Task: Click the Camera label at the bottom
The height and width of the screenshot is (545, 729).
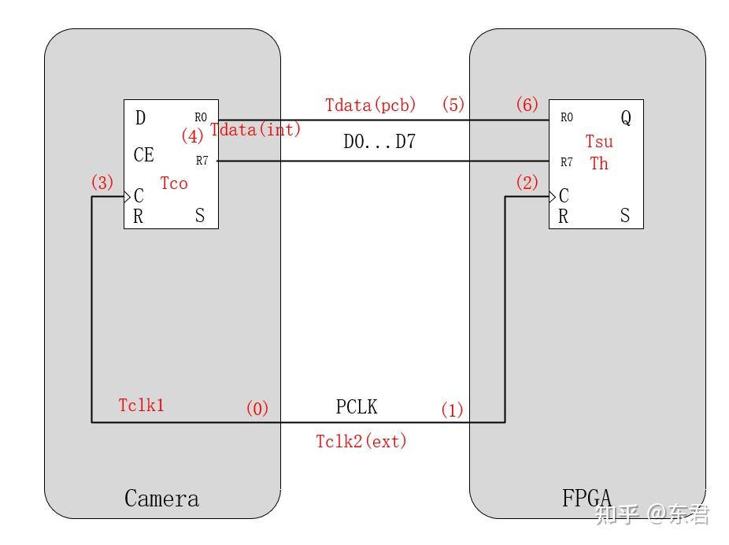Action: click(x=161, y=499)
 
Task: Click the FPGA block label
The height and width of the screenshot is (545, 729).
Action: click(x=587, y=499)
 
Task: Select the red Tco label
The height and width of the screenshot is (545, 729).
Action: click(x=174, y=184)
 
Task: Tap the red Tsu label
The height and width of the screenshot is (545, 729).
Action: click(x=599, y=142)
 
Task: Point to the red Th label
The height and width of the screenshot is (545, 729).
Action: click(x=599, y=164)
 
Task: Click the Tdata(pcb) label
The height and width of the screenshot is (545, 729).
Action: click(x=371, y=105)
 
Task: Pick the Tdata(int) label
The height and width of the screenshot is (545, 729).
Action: click(x=256, y=130)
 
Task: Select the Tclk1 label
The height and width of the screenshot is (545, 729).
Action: click(x=141, y=405)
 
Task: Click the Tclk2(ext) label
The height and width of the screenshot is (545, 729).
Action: click(x=361, y=441)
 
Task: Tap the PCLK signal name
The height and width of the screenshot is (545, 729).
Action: click(x=357, y=407)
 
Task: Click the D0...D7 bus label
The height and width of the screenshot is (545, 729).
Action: click(x=379, y=143)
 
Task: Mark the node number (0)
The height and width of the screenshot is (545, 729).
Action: click(x=257, y=409)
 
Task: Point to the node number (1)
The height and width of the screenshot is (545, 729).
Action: click(x=452, y=410)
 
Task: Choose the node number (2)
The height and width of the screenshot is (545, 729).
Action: click(x=527, y=183)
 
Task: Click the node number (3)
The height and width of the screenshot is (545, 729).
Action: click(x=102, y=183)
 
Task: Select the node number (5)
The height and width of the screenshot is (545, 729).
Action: click(x=453, y=105)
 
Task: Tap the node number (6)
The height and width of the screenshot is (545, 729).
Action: click(x=527, y=105)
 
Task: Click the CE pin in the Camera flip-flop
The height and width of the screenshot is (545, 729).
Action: click(x=144, y=155)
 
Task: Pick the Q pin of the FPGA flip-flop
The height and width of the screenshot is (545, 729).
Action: click(x=626, y=118)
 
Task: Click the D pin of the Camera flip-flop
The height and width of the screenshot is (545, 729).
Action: click(x=140, y=118)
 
